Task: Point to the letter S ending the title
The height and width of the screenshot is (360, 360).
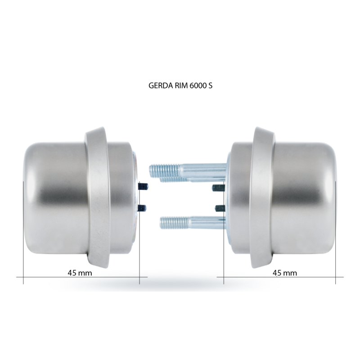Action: [x=211, y=85]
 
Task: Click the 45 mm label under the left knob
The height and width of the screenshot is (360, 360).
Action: [x=80, y=273]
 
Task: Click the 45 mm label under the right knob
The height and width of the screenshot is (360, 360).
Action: [x=285, y=273]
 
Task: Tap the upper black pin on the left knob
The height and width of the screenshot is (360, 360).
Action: [x=143, y=186]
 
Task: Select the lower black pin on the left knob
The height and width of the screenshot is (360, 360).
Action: [x=142, y=208]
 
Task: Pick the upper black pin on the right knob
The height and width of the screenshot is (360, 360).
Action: [x=218, y=188]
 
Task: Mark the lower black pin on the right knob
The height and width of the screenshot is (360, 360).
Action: [x=220, y=208]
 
